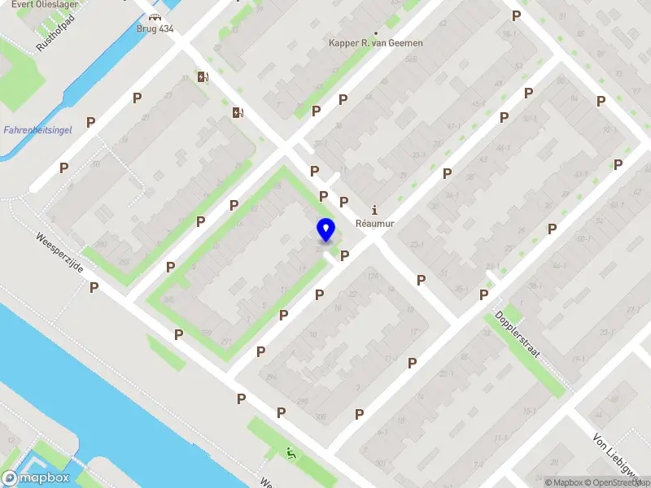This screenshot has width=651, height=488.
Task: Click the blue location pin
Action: [325, 230]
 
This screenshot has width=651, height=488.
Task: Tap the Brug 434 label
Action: [155, 28]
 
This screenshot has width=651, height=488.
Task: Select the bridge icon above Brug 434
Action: [155, 17]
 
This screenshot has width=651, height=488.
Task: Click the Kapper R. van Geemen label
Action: [375, 43]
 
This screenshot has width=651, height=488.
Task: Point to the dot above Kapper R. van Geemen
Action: [375, 33]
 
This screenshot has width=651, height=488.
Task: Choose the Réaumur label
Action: [374, 222]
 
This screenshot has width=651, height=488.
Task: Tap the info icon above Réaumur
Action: [374, 208]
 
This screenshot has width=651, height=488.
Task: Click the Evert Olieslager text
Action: [34, 3]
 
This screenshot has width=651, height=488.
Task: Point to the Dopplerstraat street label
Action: [518, 334]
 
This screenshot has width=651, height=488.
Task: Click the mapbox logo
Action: [36, 478]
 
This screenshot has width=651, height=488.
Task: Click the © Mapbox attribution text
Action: [565, 482]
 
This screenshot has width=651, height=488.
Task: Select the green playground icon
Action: [291, 452]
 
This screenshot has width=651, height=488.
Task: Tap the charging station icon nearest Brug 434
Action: [202, 77]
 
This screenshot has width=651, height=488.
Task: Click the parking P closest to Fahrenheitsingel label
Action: [91, 122]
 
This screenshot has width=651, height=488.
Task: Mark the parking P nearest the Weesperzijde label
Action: [94, 287]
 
